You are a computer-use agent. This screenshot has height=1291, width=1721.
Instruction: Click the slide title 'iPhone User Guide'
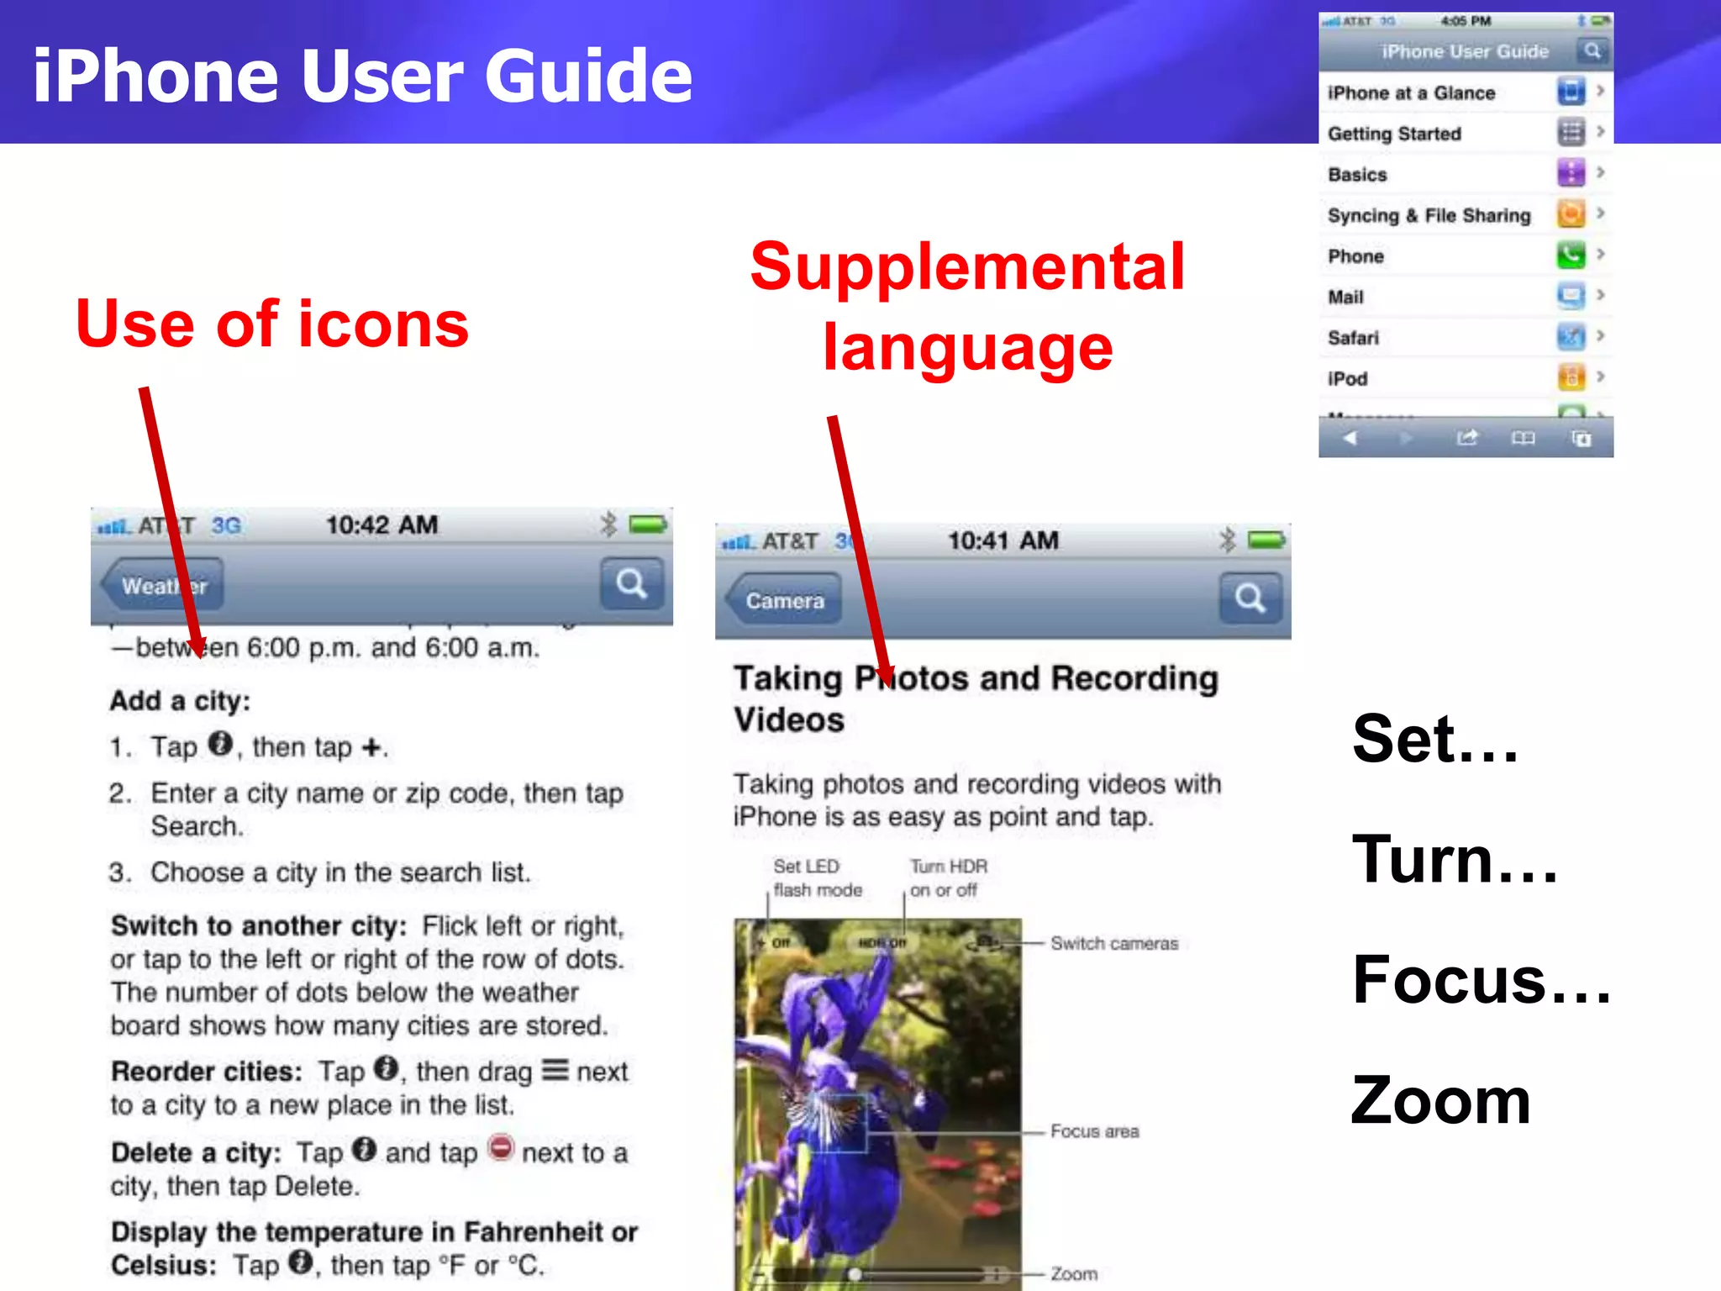362,76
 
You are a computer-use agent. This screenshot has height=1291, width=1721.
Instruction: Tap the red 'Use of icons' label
271,324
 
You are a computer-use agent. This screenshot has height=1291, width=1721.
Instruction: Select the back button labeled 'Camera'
784,600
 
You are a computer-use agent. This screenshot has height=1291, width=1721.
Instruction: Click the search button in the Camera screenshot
1250,598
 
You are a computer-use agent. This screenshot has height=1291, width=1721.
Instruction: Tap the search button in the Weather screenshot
631,583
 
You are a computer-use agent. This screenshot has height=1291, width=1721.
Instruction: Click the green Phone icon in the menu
1570,255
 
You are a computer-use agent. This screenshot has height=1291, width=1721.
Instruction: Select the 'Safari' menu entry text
1353,338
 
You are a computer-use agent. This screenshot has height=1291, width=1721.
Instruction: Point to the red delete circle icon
501,1148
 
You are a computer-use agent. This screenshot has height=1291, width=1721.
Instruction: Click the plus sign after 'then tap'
371,747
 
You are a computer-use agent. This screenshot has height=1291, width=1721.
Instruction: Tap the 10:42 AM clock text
382,525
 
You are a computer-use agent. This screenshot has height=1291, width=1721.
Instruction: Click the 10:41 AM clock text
1003,540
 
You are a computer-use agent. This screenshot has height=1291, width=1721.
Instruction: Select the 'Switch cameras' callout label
1113,944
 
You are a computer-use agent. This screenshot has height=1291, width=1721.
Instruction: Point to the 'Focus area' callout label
1094,1131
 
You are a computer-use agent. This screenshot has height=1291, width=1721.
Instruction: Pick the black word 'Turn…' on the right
1454,859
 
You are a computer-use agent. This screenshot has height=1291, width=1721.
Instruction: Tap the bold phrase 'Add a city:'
180,701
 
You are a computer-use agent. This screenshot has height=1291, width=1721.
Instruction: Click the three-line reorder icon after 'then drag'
555,1070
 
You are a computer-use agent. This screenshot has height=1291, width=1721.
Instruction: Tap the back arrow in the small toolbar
1350,438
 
